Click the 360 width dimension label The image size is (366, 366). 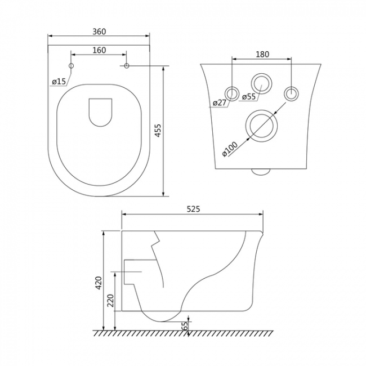pos(99,32)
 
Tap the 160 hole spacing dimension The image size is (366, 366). pos(99,50)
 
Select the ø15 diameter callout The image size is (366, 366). pos(59,82)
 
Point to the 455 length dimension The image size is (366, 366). pos(158,131)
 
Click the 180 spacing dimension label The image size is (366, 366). pos(262,54)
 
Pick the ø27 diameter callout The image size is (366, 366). pos(220,102)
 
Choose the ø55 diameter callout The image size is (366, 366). pos(249,96)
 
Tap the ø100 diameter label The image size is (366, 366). pos(230,149)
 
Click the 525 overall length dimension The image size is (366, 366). pos(194,209)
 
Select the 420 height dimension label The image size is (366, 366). pos(99,283)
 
